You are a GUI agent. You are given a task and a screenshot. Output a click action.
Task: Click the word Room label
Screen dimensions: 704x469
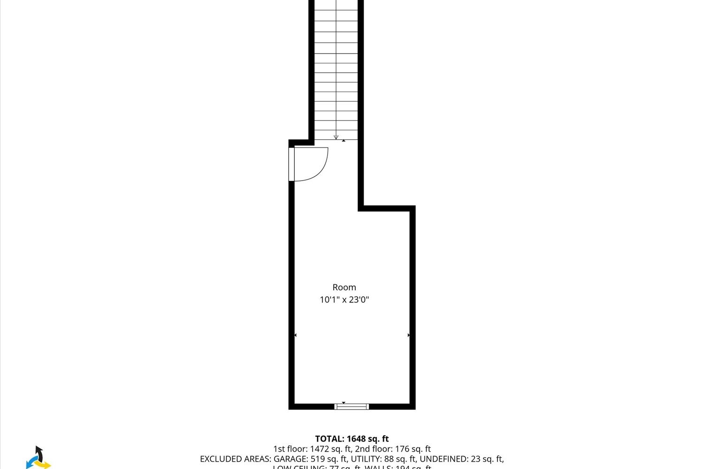pyautogui.click(x=344, y=287)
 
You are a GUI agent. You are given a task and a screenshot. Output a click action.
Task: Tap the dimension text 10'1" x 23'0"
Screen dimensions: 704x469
pyautogui.click(x=344, y=300)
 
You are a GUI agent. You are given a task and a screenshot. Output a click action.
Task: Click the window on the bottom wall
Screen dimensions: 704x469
pyautogui.click(x=352, y=407)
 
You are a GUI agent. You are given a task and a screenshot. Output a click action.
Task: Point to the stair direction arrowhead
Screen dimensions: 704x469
pyautogui.click(x=336, y=137)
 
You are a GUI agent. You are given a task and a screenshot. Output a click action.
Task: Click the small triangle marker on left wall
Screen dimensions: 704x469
pyautogui.click(x=295, y=335)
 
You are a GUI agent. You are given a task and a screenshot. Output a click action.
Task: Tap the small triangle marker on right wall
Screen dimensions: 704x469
pyautogui.click(x=409, y=335)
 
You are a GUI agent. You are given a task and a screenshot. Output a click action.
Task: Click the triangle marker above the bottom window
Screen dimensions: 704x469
pyautogui.click(x=344, y=402)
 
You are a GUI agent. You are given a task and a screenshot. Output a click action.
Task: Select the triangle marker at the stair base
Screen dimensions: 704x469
pyautogui.click(x=344, y=141)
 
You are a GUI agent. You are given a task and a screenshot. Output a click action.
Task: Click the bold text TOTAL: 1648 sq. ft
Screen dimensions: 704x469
pyautogui.click(x=352, y=439)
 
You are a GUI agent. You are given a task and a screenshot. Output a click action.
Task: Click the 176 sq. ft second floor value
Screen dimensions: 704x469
pyautogui.click(x=413, y=449)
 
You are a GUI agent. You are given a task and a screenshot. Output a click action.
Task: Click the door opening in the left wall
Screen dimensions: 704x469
pyautogui.click(x=291, y=164)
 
